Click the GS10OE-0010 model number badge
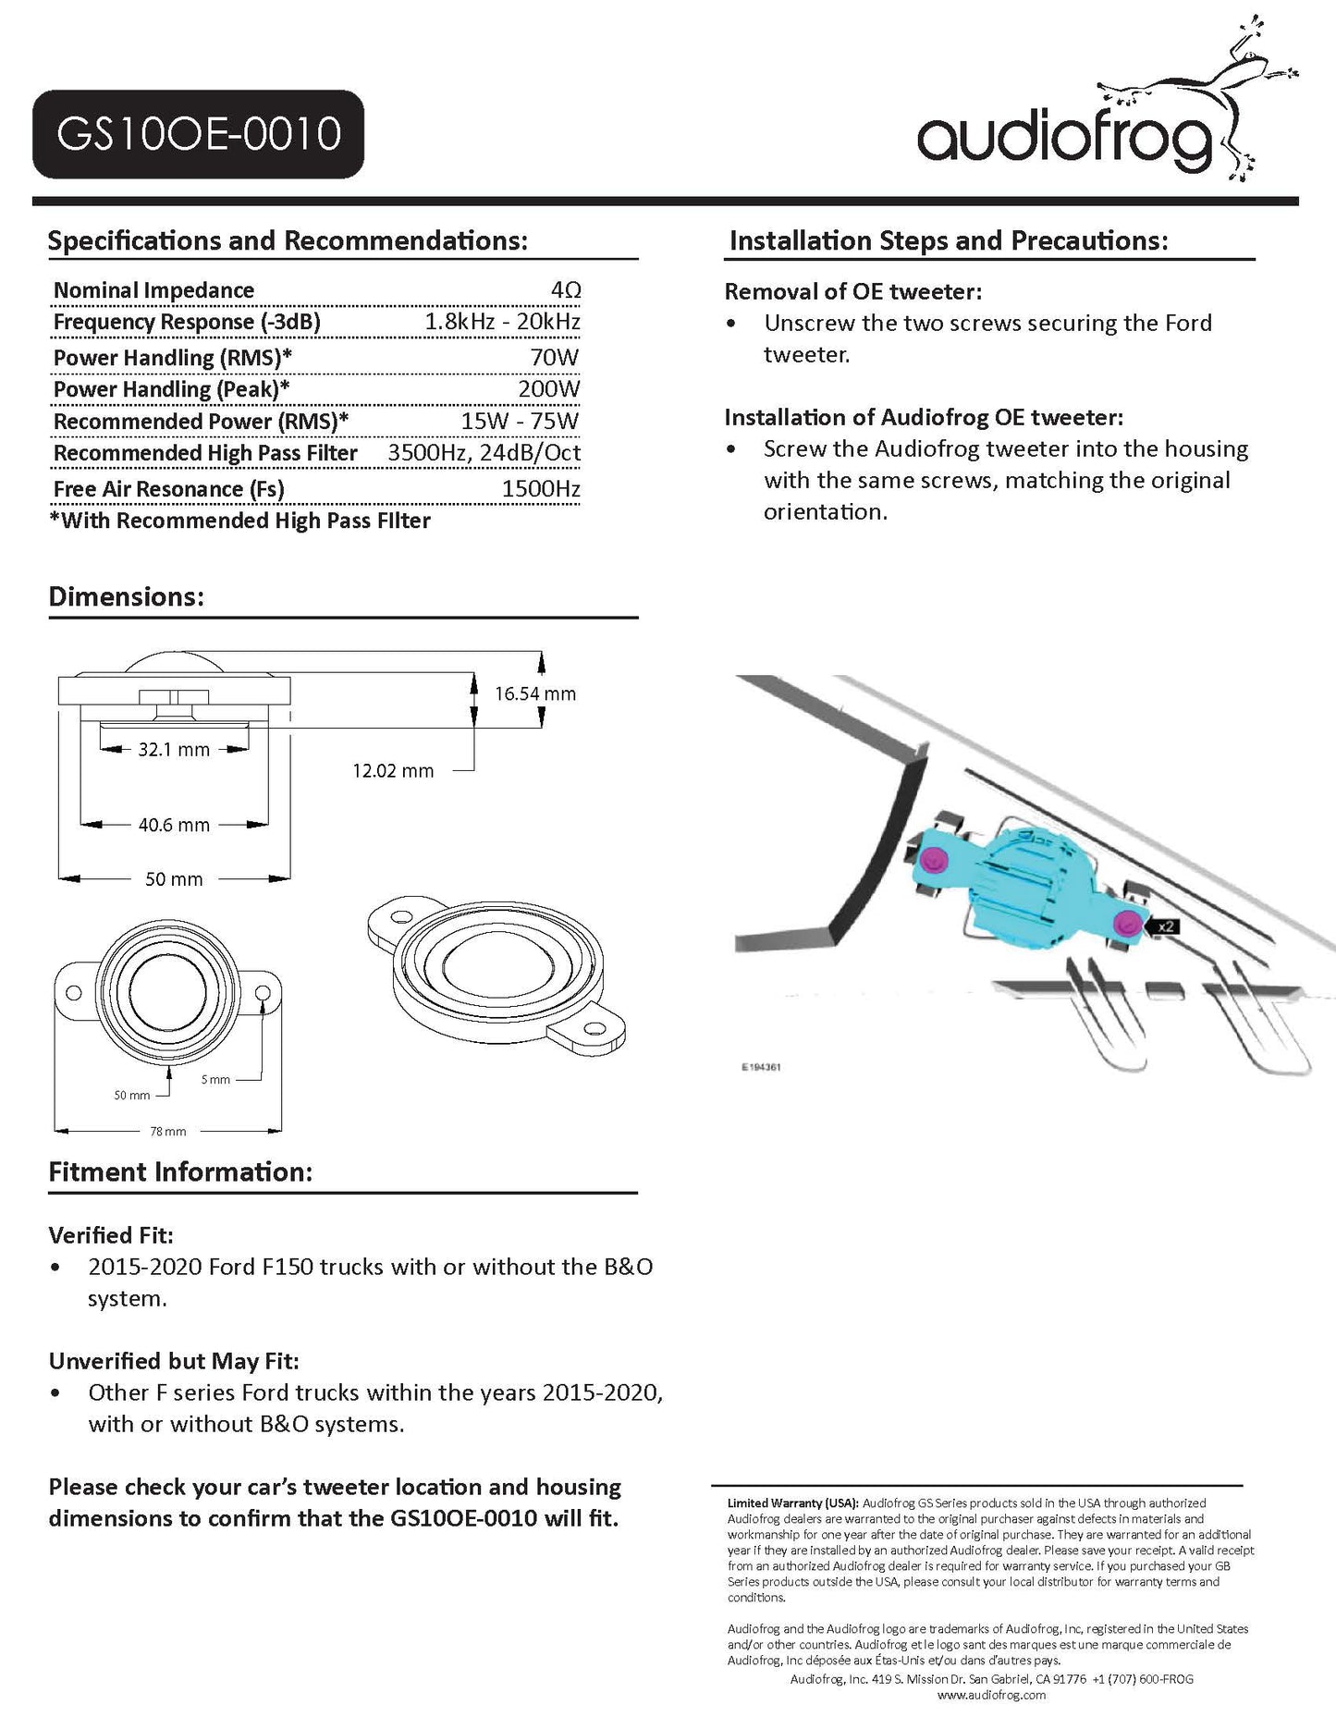(x=198, y=134)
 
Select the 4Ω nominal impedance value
(x=565, y=290)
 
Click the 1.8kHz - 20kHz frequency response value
(x=502, y=322)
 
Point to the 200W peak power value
(x=549, y=389)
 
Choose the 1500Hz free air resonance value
(x=541, y=489)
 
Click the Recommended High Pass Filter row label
(x=205, y=453)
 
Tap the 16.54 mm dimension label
(x=535, y=693)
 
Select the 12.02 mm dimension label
(x=393, y=770)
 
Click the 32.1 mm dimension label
(x=174, y=750)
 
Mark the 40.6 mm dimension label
(x=174, y=825)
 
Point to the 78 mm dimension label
(x=168, y=1131)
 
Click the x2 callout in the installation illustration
(x=1166, y=926)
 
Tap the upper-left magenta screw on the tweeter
(x=934, y=859)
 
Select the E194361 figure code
(x=761, y=1067)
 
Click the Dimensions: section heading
(x=126, y=596)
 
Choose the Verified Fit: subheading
(x=111, y=1235)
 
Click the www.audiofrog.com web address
(x=991, y=1695)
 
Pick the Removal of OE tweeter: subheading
(x=852, y=291)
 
